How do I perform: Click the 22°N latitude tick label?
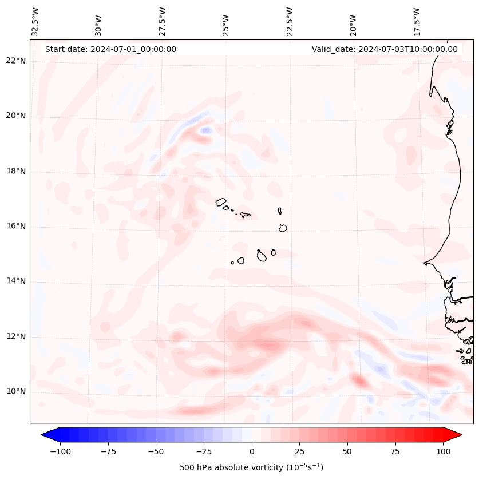[16, 61]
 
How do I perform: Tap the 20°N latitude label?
[16, 116]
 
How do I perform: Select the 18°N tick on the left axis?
[16, 171]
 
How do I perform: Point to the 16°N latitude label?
[16, 226]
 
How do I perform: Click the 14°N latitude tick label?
[16, 281]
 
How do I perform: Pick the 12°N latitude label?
[16, 336]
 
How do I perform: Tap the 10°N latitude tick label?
[16, 391]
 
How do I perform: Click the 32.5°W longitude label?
[35, 22]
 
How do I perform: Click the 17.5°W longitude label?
[417, 22]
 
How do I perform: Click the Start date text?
[110, 49]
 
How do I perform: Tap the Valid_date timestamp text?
[385, 49]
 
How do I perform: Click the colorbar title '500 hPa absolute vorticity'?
[251, 467]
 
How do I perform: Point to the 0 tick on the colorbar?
[251, 451]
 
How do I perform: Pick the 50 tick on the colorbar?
[347, 451]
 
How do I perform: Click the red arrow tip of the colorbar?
[458, 435]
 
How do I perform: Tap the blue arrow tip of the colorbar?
[45, 435]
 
